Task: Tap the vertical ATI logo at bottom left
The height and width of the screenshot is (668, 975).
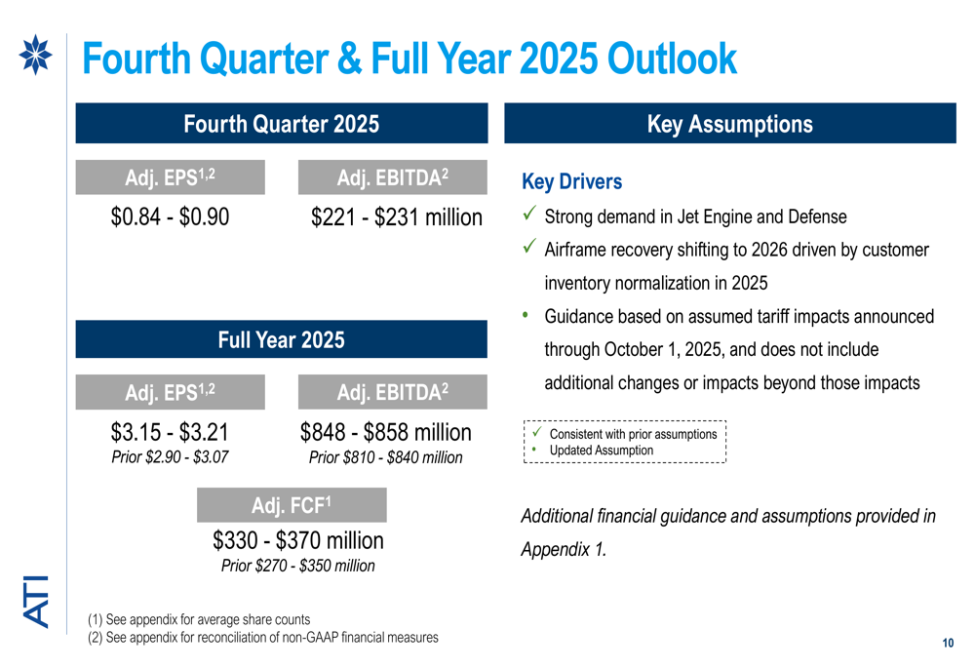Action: click(35, 601)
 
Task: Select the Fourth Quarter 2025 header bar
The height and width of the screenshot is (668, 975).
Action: click(281, 124)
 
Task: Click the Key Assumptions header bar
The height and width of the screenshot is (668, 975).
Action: click(729, 124)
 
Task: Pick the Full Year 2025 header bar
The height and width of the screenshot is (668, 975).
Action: click(281, 339)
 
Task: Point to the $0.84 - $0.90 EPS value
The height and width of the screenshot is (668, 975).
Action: click(171, 216)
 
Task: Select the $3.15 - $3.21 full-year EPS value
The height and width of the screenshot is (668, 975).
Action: click(171, 432)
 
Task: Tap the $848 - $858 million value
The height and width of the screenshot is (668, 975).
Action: click(385, 432)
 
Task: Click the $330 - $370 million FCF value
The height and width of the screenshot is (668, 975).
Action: click(298, 540)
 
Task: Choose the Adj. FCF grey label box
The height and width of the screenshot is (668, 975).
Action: click(292, 505)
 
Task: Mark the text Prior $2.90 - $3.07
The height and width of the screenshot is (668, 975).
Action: click(171, 456)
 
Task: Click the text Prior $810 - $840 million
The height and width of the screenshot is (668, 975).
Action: click(385, 456)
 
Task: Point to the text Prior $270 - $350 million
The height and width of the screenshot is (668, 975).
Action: click(297, 566)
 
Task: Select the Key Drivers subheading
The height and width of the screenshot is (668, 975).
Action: click(571, 182)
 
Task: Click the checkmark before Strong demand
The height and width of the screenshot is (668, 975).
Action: click(528, 216)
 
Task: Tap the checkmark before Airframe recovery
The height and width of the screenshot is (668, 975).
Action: click(528, 249)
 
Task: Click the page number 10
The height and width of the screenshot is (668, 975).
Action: click(948, 644)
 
